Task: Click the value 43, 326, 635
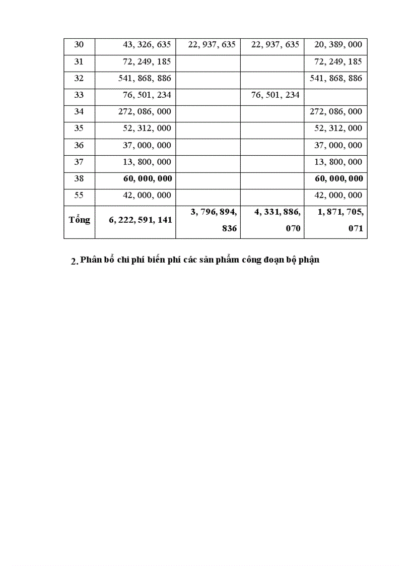click(147, 45)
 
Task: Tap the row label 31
click(79, 61)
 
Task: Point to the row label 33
click(79, 95)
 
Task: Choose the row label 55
click(79, 195)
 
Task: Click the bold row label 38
click(79, 178)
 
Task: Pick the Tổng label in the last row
click(79, 220)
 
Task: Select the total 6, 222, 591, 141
click(140, 220)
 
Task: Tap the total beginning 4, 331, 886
click(277, 213)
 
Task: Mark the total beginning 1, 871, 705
click(340, 213)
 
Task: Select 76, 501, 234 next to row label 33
click(275, 95)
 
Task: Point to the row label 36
click(79, 145)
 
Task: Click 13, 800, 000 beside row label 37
click(147, 162)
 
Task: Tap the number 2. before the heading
click(75, 261)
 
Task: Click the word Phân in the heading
click(91, 260)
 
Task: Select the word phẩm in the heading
click(227, 260)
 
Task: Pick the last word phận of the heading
click(309, 260)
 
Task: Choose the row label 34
click(79, 111)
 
